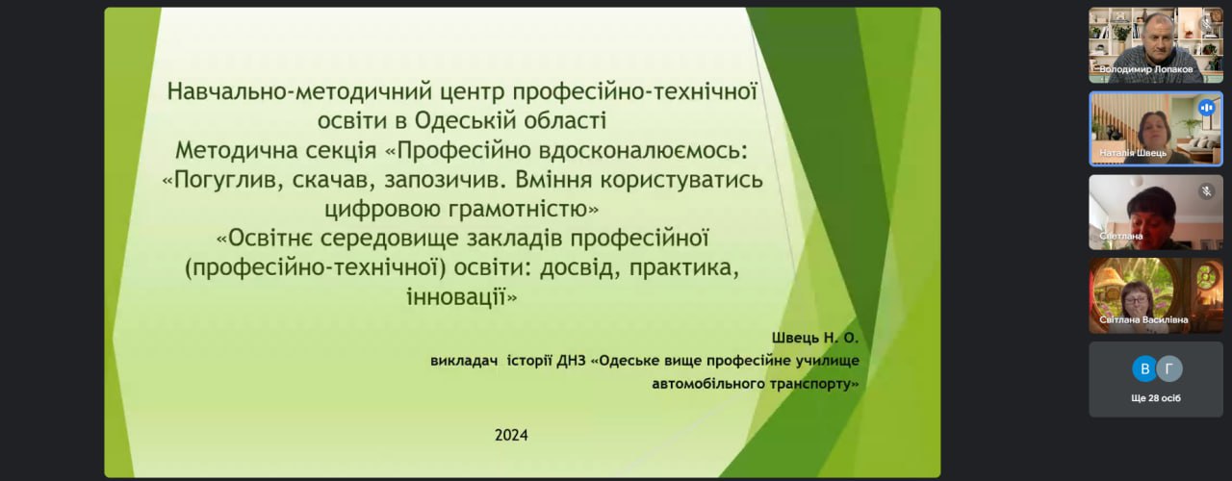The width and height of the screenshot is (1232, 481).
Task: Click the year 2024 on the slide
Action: (511, 436)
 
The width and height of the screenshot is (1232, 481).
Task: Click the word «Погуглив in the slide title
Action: (222, 180)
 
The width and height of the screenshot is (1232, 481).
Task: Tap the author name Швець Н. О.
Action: (814, 338)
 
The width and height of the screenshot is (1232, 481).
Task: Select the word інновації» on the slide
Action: (462, 297)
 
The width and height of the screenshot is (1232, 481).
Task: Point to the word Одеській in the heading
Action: (464, 120)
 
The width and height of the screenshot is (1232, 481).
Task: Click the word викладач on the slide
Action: (464, 361)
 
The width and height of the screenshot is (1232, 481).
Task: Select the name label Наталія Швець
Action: (1133, 153)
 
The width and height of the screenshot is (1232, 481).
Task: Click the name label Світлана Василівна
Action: (1143, 319)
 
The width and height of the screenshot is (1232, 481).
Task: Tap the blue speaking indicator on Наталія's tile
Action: (1207, 108)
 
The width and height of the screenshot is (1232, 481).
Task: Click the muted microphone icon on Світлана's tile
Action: (1207, 191)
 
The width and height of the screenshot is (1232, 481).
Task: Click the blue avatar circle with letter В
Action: (1144, 368)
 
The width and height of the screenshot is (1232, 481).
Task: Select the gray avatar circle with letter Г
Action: (1169, 368)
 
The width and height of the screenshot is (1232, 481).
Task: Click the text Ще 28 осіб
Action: (1156, 398)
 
